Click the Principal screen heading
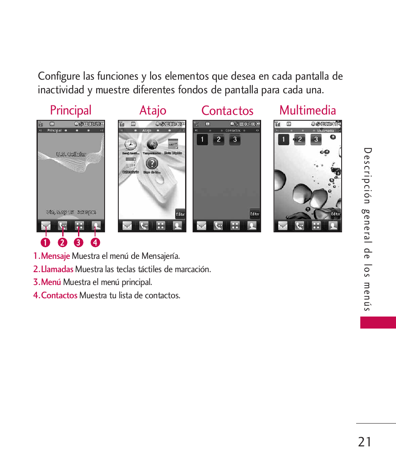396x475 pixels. [x=71, y=110]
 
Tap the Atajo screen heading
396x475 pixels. [x=153, y=110]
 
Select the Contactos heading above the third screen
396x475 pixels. [x=227, y=111]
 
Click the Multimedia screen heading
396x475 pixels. [x=308, y=110]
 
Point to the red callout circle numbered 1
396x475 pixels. [x=45, y=242]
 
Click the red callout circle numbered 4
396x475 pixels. [x=95, y=242]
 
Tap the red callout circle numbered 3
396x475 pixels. [x=78, y=242]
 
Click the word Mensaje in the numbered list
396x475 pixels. [x=55, y=256]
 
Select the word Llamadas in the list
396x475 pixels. [x=57, y=269]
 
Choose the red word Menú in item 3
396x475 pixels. [x=51, y=282]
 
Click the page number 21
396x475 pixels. [x=364, y=442]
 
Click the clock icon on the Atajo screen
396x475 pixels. [x=130, y=144]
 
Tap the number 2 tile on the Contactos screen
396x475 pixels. [x=218, y=139]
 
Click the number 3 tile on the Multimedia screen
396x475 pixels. [x=316, y=139]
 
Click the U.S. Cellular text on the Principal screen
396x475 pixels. [x=71, y=154]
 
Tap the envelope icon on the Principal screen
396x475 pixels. [x=46, y=226]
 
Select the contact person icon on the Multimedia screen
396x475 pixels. [x=333, y=226]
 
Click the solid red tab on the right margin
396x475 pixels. [x=378, y=322]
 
